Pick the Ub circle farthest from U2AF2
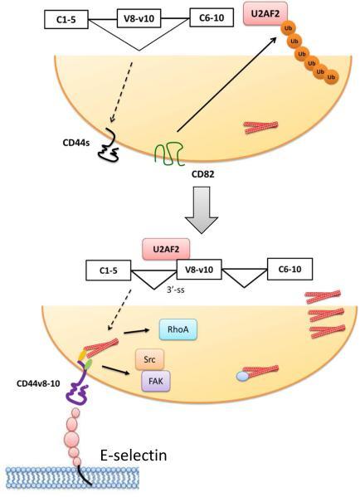click(x=333, y=78)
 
